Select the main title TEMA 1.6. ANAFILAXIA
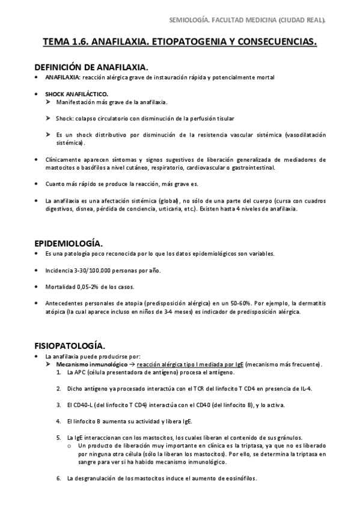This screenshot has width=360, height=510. tap(180, 43)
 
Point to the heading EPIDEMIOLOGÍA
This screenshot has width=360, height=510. tap(69, 243)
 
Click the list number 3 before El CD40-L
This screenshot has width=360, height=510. tap(59, 405)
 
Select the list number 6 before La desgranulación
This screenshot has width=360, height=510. tap(59, 479)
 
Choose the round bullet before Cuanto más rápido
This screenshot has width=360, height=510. tap(37, 184)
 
